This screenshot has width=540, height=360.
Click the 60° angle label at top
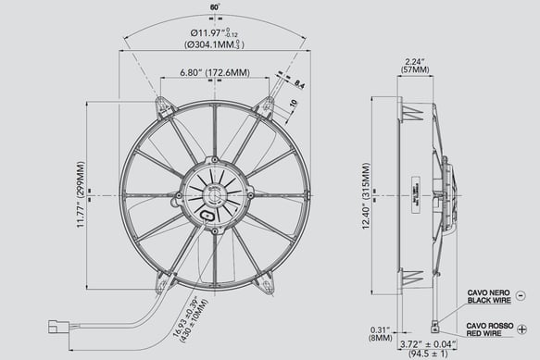(215, 7)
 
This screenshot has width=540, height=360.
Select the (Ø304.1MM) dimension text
(214, 45)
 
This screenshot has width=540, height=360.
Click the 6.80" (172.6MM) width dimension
(214, 71)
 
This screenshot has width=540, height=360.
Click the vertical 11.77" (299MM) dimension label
(82, 195)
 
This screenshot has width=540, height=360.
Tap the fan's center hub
(214, 194)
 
